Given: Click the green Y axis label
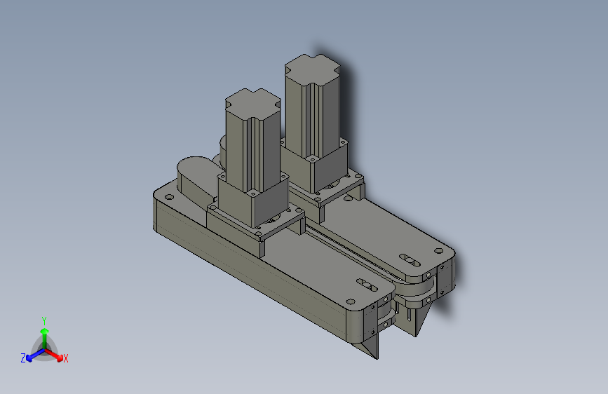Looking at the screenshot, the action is [44, 321].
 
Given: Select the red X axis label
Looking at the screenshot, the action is [65, 358].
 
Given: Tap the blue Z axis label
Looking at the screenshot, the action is [23, 358].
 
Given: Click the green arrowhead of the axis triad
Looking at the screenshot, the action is [45, 332].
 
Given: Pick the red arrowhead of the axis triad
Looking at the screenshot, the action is [60, 357].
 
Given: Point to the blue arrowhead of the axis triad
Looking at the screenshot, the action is [29, 358].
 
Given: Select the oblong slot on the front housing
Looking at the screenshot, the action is [367, 285].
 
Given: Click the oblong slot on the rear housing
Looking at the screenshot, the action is [410, 261].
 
